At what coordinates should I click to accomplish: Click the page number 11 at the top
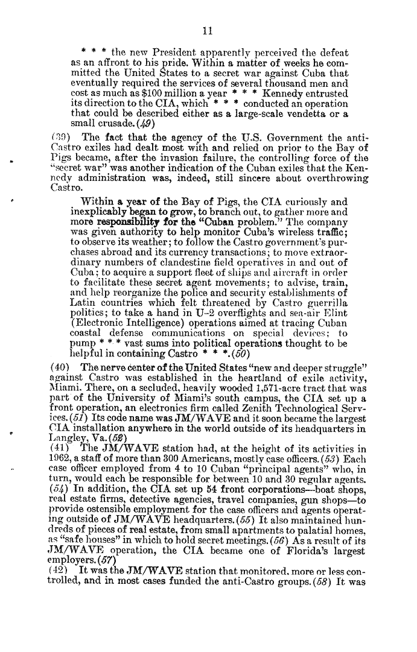point(208,30)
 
